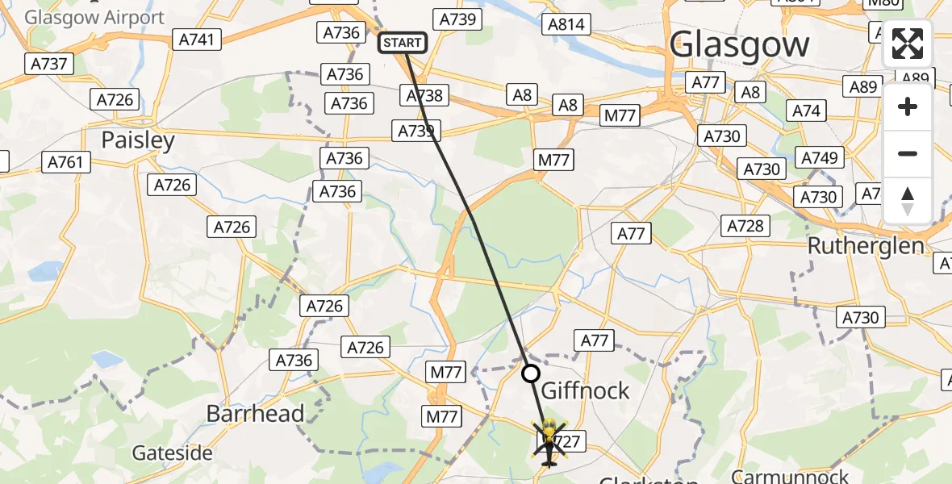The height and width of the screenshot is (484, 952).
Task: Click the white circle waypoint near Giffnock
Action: pyautogui.click(x=530, y=373)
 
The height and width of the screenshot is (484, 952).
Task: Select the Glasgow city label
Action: pyautogui.click(x=738, y=44)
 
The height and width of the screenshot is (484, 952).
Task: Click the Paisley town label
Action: pyautogui.click(x=138, y=140)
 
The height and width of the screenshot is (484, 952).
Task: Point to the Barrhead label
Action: pyautogui.click(x=255, y=414)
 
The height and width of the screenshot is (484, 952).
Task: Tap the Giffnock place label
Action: pyautogui.click(x=585, y=391)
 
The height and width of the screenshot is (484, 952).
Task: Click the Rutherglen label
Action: pyautogui.click(x=866, y=245)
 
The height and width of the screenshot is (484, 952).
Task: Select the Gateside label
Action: pyautogui.click(x=173, y=453)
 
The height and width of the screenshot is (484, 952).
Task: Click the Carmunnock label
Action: pyautogui.click(x=791, y=475)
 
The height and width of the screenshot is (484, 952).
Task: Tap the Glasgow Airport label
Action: pyautogui.click(x=94, y=17)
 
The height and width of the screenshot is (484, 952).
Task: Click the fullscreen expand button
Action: pyautogui.click(x=908, y=44)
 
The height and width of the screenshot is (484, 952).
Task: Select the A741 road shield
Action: pyautogui.click(x=198, y=39)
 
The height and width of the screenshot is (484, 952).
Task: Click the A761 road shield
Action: pyautogui.click(x=65, y=162)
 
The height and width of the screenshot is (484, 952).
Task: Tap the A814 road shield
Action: pyautogui.click(x=566, y=24)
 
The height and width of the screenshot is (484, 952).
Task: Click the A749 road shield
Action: pyautogui.click(x=820, y=158)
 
